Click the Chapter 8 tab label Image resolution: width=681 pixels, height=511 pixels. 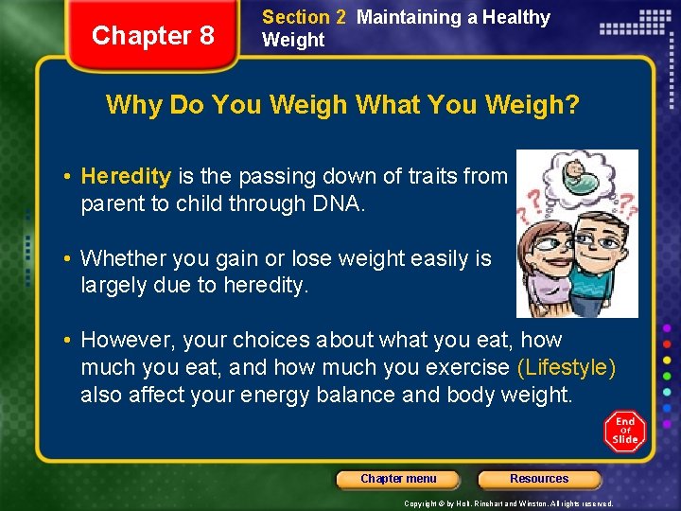(152, 36)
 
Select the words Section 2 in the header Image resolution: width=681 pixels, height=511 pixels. (304, 17)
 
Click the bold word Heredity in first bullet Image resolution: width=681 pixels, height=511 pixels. (126, 176)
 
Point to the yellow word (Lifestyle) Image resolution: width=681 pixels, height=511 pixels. (567, 367)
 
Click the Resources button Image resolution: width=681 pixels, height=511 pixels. (539, 479)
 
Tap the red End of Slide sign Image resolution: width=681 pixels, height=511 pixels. (624, 432)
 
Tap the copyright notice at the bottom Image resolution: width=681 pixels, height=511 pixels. (509, 503)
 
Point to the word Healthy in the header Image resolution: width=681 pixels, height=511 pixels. (515, 17)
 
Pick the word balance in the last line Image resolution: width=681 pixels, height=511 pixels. (356, 395)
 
